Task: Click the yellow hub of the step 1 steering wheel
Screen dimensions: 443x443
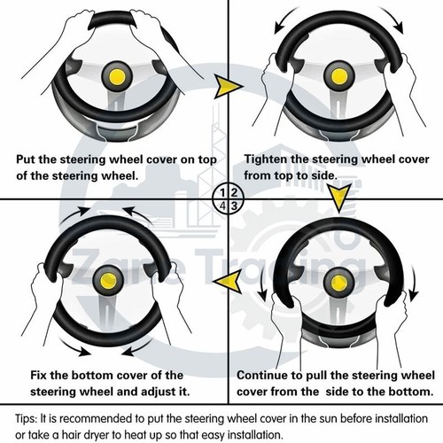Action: tap(117, 77)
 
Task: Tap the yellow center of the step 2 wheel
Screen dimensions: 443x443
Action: tap(339, 76)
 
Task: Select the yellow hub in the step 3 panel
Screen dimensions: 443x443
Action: tap(339, 284)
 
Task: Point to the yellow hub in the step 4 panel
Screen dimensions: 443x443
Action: tap(108, 281)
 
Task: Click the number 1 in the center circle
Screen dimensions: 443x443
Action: tap(222, 193)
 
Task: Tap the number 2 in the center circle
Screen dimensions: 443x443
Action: tap(234, 192)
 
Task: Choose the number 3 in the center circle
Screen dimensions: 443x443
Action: tap(234, 206)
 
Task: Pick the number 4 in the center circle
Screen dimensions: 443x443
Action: tap(222, 206)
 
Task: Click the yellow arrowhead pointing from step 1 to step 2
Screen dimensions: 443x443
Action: tap(228, 87)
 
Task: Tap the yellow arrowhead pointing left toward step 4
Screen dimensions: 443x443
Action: tap(229, 281)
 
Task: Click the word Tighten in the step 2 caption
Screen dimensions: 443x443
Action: tap(266, 159)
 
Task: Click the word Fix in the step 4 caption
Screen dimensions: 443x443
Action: tap(38, 376)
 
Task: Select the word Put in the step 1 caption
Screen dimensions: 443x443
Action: tap(26, 159)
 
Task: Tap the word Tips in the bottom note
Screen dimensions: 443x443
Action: tap(26, 419)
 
